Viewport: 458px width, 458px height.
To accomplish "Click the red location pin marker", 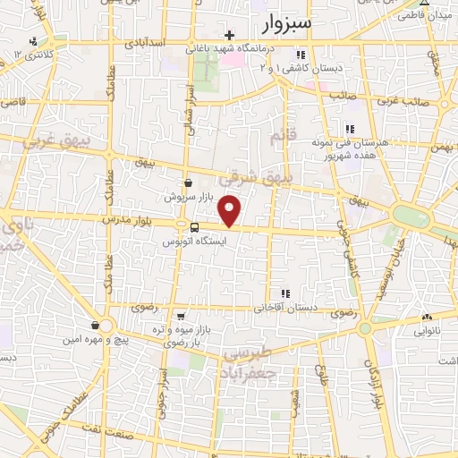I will (x=231, y=211).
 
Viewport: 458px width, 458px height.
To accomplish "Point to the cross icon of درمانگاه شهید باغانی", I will (x=230, y=35).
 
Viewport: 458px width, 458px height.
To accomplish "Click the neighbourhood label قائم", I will (x=281, y=136).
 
